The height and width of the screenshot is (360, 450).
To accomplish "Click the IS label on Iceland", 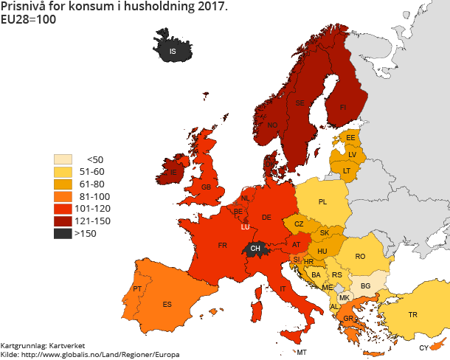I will click(173, 52).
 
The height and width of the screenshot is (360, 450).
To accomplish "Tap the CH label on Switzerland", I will click(255, 249).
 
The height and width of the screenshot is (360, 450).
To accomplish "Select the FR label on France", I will click(222, 245).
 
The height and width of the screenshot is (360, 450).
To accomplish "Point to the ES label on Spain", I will click(167, 305).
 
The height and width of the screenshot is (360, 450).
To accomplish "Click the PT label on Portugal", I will click(137, 288).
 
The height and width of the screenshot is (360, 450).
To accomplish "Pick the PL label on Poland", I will click(323, 201).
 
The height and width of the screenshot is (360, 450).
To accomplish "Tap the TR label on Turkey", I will click(413, 315).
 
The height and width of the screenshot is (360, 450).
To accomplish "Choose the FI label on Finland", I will click(342, 107).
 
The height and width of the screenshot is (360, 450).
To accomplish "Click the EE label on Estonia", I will click(351, 138).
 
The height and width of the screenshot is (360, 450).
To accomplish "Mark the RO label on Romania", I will click(360, 256).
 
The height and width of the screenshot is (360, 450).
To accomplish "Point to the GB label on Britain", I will click(207, 188).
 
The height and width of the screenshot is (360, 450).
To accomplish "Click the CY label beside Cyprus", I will click(423, 348).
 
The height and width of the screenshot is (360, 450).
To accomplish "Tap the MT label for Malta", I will click(302, 353).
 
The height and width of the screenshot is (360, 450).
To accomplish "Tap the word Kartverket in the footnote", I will click(68, 345).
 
